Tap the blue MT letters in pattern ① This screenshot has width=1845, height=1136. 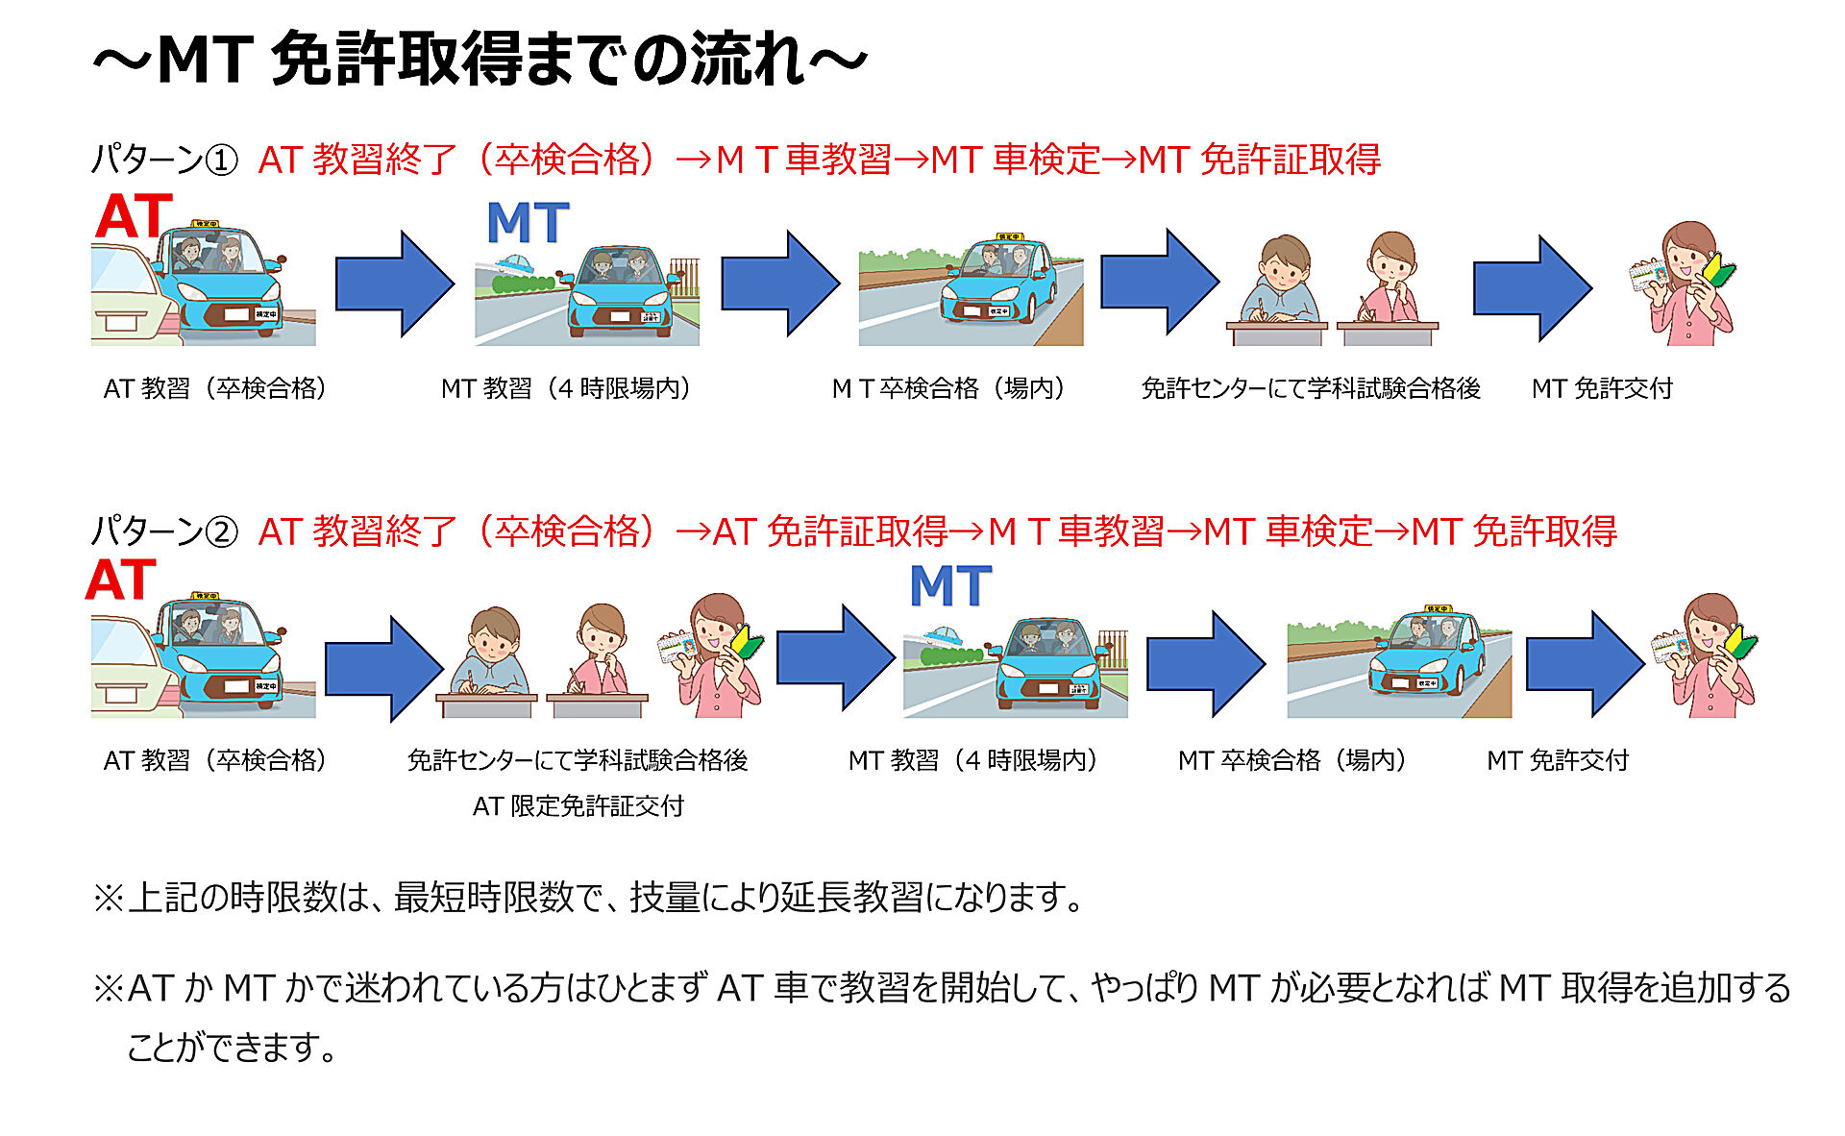pos(528,223)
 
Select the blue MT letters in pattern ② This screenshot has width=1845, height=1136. pos(950,586)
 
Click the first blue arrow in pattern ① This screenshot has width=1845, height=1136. pos(394,284)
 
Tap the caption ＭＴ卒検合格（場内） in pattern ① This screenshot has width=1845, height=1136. pos(948,388)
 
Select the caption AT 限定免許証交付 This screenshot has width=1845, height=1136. pos(578,805)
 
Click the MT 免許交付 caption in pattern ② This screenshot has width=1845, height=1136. pos(1558,760)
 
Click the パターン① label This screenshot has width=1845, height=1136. pos(164,160)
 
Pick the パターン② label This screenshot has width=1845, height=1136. pos(164,531)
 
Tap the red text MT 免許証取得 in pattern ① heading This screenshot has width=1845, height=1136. pos(1259,160)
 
